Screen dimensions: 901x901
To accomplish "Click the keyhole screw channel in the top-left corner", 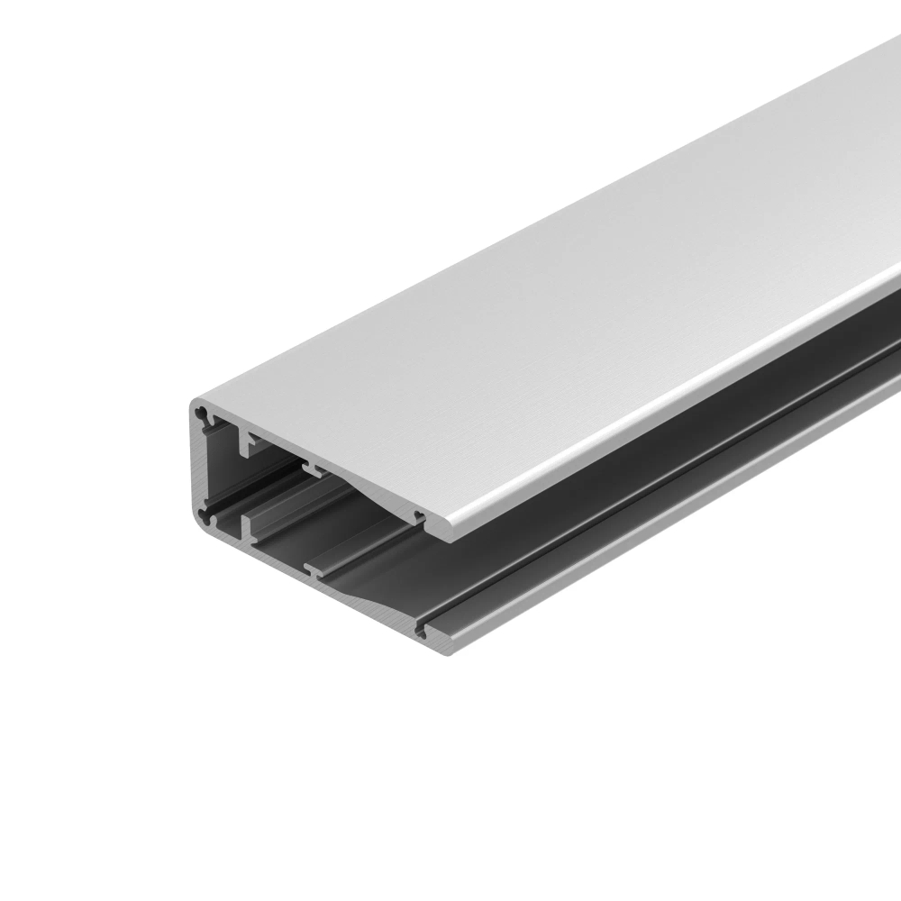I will point(206,417).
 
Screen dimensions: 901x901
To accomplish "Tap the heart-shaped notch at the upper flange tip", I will point(418,516).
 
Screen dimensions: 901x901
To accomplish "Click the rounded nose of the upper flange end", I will point(441,532).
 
